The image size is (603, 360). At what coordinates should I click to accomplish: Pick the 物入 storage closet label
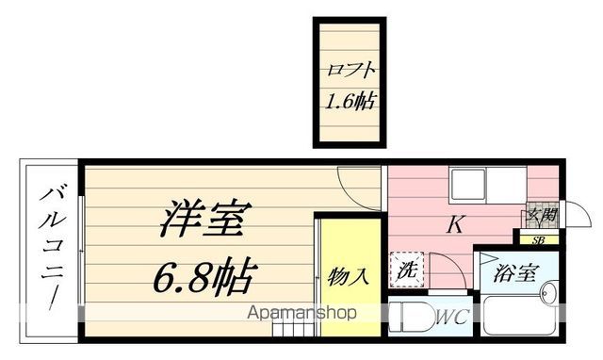pyautogui.click(x=348, y=277)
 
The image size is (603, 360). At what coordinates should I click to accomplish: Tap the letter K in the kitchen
pyautogui.click(x=454, y=226)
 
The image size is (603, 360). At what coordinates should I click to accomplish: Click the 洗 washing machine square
pyautogui.click(x=407, y=268)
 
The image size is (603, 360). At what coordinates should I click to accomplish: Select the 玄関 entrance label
pyautogui.click(x=540, y=216)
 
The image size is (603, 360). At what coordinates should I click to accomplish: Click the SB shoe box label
pyautogui.click(x=538, y=240)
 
